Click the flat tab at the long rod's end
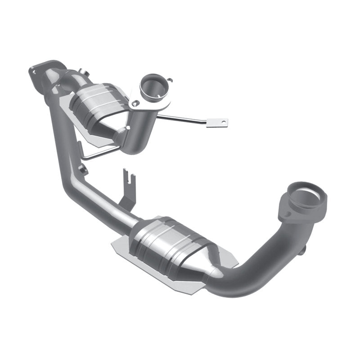click(218, 122)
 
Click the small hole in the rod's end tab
click(221, 122)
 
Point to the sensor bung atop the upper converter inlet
click(82, 71)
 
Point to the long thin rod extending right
click(184, 119)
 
